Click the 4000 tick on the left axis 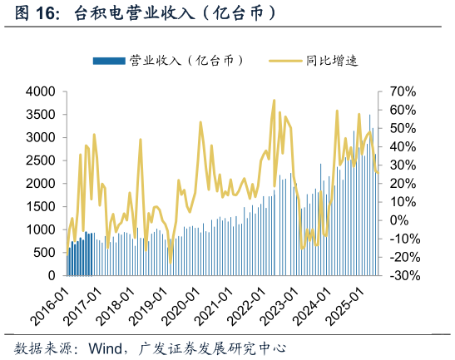click(40, 91)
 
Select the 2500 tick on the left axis click(40, 160)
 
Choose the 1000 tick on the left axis click(40, 229)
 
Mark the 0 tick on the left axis click(51, 275)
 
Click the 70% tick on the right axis click(400, 91)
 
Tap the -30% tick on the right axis click(400, 275)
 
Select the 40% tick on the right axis click(400, 146)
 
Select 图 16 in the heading click(35, 14)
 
